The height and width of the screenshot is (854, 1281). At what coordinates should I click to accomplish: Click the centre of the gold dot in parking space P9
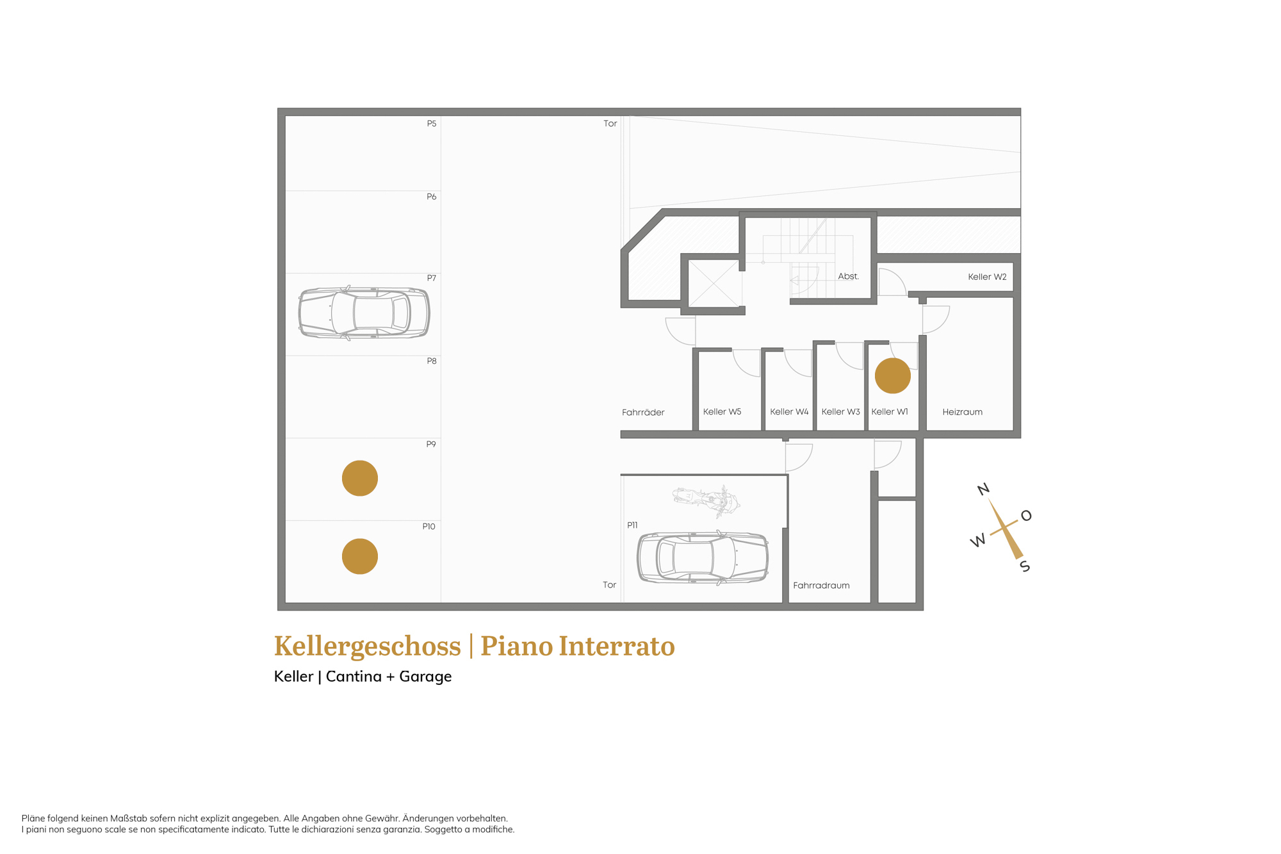[x=360, y=478]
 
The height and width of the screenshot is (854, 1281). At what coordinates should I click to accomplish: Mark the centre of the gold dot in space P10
[x=360, y=556]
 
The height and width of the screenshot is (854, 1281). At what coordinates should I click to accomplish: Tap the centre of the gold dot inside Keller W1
[x=893, y=375]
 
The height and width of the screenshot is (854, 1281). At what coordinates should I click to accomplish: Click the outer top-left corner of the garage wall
[x=277, y=108]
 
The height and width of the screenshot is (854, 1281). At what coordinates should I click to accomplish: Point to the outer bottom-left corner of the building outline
[x=277, y=610]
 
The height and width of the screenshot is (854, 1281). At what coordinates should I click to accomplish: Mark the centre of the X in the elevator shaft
[x=715, y=284]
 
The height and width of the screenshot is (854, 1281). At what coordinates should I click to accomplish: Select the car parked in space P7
[x=364, y=313]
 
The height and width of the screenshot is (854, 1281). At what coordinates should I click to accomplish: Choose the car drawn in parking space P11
[x=703, y=557]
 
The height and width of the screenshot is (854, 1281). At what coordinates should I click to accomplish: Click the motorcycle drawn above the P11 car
[x=706, y=500]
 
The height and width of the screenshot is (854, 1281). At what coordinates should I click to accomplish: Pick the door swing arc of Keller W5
[x=746, y=363]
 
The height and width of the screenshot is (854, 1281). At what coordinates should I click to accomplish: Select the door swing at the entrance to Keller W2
[x=892, y=282]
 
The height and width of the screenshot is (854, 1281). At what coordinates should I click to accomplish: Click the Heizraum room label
[x=962, y=412]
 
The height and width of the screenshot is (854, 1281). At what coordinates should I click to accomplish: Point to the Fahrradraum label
[x=821, y=586]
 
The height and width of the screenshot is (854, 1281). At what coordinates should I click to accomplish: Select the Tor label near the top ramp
[x=610, y=124]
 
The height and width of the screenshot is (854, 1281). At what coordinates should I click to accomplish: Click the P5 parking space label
[x=432, y=124]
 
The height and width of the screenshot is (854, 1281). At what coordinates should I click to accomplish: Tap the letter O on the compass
[x=1026, y=516]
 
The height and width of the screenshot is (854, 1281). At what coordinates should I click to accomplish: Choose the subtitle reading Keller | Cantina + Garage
[x=363, y=677]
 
